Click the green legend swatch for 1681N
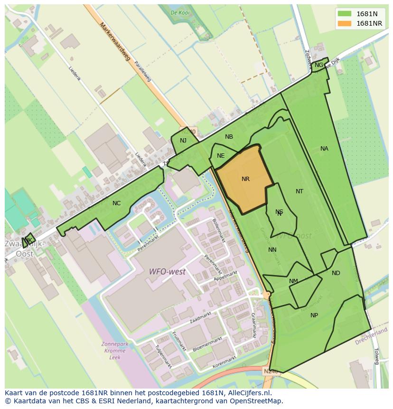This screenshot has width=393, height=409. (345, 13)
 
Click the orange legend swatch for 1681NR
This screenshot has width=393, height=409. (345, 23)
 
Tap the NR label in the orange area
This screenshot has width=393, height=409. (245, 179)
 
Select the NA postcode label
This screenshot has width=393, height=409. (324, 149)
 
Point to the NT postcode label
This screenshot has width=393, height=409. (299, 191)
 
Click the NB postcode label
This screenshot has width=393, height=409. (229, 137)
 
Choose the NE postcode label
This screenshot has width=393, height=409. (221, 156)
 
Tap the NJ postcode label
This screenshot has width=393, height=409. (183, 140)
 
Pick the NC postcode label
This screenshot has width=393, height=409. (116, 203)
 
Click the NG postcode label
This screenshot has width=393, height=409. (319, 65)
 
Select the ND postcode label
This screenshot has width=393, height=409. (336, 273)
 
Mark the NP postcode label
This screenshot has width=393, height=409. (314, 315)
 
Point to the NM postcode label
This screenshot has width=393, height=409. (293, 281)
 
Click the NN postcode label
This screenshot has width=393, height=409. (272, 250)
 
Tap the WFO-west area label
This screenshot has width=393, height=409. (167, 272)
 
